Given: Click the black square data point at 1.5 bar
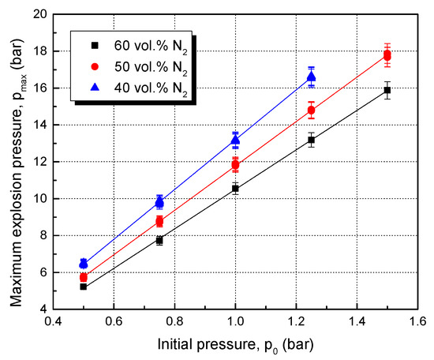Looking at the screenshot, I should tap(387, 91).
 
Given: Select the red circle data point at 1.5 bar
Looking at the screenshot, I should tap(387, 55).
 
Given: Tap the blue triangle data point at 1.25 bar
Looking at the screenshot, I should tap(311, 77).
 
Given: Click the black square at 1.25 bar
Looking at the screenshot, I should tap(311, 141).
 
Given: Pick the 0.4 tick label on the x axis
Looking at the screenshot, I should tap(53, 324).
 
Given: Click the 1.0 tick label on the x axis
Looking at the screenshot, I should tap(235, 324).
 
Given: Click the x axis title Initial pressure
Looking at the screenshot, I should tap(235, 345).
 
